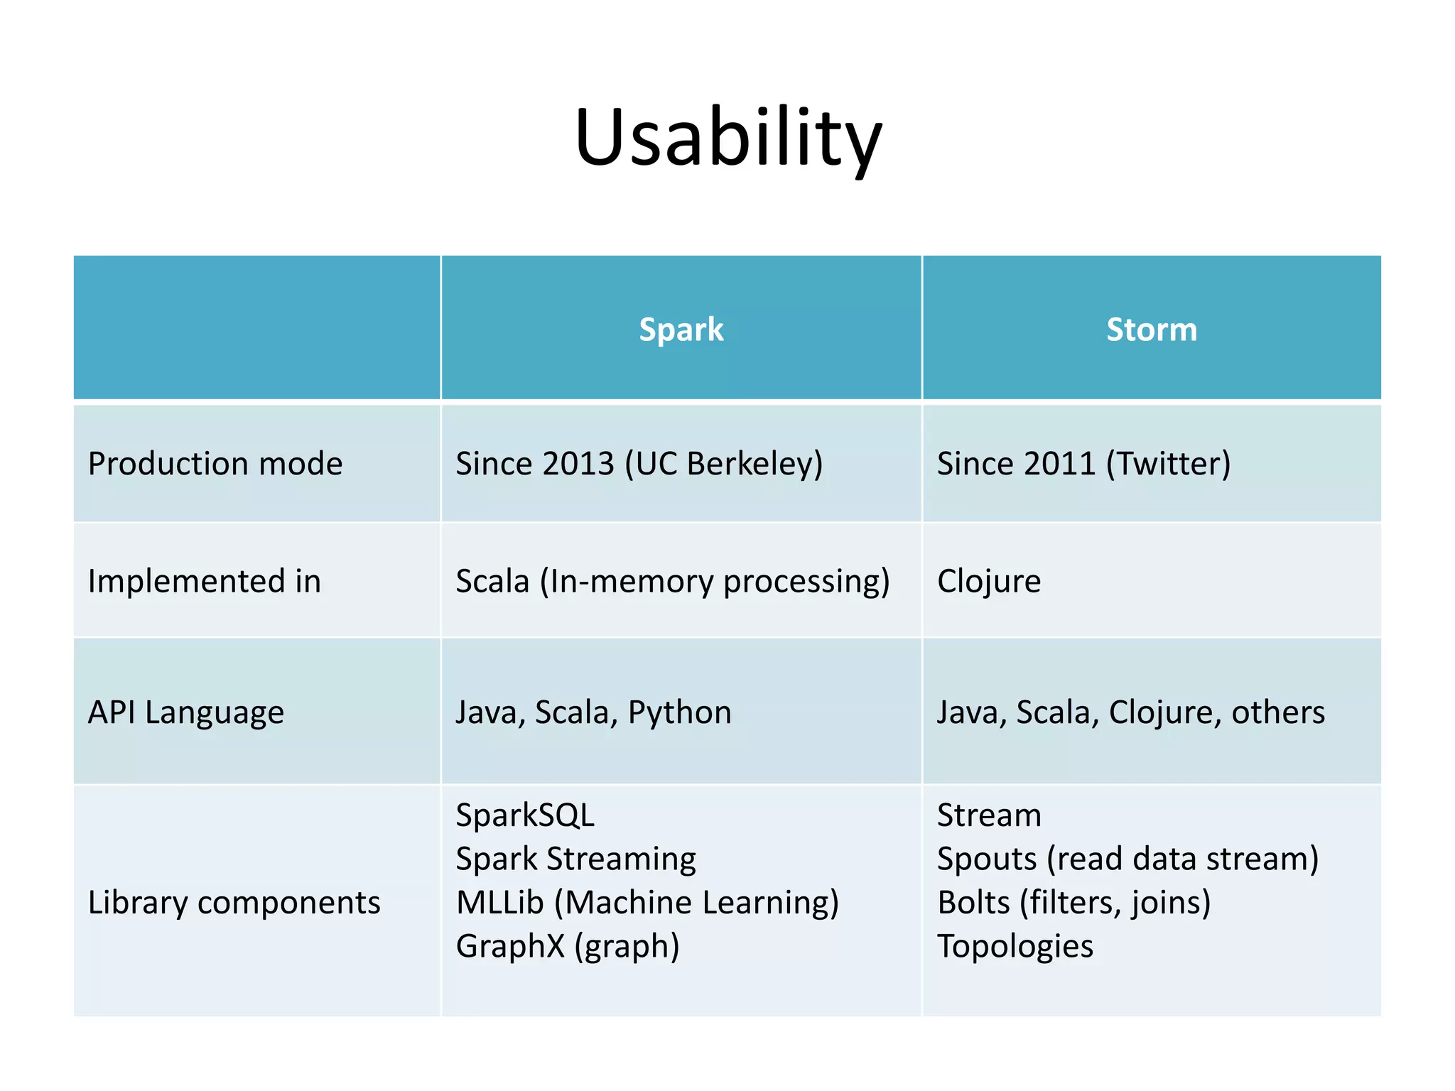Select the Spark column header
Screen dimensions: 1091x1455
(x=681, y=330)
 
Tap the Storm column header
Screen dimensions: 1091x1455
(x=1151, y=330)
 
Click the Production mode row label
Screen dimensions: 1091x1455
(x=215, y=464)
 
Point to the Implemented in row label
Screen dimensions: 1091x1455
(x=205, y=581)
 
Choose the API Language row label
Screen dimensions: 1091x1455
(x=186, y=712)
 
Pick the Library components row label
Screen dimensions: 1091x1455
(x=234, y=903)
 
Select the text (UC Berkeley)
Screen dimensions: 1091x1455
(x=723, y=464)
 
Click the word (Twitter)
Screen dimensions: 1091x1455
(x=1168, y=464)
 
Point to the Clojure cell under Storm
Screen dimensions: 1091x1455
(x=989, y=581)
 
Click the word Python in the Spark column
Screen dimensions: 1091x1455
(x=679, y=712)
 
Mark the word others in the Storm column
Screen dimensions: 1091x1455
(x=1277, y=712)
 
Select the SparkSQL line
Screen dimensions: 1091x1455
(x=525, y=815)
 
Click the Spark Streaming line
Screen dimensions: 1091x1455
(x=575, y=859)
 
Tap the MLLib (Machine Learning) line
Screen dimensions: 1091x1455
(x=647, y=903)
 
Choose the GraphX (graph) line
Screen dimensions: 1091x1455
(x=568, y=947)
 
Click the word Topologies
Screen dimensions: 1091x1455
(x=1015, y=947)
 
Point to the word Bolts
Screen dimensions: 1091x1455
(x=973, y=903)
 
